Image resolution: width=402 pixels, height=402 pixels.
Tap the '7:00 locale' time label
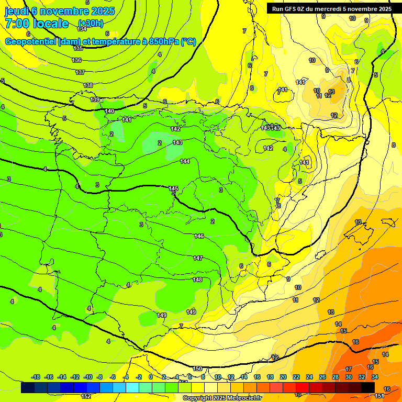click(x=37, y=24)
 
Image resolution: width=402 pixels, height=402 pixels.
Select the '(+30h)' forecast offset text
click(x=91, y=24)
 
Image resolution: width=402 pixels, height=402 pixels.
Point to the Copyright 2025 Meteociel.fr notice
click(x=222, y=398)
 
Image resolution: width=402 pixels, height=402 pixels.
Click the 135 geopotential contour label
click(x=77, y=48)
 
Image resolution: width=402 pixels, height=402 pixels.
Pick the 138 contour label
click(x=88, y=85)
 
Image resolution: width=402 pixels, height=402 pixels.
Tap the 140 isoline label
click(x=109, y=111)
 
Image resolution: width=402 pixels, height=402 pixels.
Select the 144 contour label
click(x=185, y=161)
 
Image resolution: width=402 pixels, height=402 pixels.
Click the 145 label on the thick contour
click(x=174, y=188)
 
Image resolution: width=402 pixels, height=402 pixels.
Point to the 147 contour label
click(x=198, y=258)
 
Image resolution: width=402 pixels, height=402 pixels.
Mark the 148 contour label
click(x=197, y=280)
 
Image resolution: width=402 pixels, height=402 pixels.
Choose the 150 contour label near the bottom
click(x=197, y=368)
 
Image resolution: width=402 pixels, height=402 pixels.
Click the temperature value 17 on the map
click(x=349, y=369)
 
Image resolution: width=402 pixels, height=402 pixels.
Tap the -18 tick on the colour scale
click(x=36, y=377)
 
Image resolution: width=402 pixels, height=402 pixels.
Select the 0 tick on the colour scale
click(x=151, y=377)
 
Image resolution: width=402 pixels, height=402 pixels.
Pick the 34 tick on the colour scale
click(x=375, y=377)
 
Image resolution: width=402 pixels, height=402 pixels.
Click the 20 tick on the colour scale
click(x=283, y=377)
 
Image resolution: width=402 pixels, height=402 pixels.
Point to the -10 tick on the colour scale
click(x=88, y=377)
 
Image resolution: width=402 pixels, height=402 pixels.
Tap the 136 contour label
click(x=76, y=60)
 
